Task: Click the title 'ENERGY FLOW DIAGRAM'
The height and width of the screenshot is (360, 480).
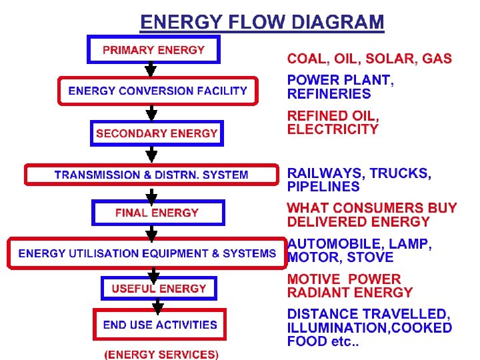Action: tap(262, 22)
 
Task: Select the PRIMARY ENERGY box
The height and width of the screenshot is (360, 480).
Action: tap(153, 49)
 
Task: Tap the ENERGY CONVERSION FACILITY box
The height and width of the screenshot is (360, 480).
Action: tap(157, 91)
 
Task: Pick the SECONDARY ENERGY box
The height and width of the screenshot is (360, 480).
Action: tap(157, 133)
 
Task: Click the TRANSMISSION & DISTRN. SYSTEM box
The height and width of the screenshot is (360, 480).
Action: tap(151, 175)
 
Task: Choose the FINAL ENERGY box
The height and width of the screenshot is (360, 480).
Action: tap(157, 213)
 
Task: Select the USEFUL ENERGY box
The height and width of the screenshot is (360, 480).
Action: tap(159, 288)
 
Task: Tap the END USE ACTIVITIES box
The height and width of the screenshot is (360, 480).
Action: tap(160, 325)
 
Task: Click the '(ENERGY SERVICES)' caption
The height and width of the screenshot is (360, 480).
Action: tap(161, 354)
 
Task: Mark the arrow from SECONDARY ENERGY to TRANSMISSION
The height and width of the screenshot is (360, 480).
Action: tap(152, 155)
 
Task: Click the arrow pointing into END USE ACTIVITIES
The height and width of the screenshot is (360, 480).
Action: tap(158, 305)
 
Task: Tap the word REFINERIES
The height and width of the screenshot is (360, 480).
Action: tap(329, 94)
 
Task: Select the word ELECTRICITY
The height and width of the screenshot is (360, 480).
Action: tap(333, 129)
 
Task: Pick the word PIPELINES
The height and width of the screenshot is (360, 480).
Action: tap(323, 187)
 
